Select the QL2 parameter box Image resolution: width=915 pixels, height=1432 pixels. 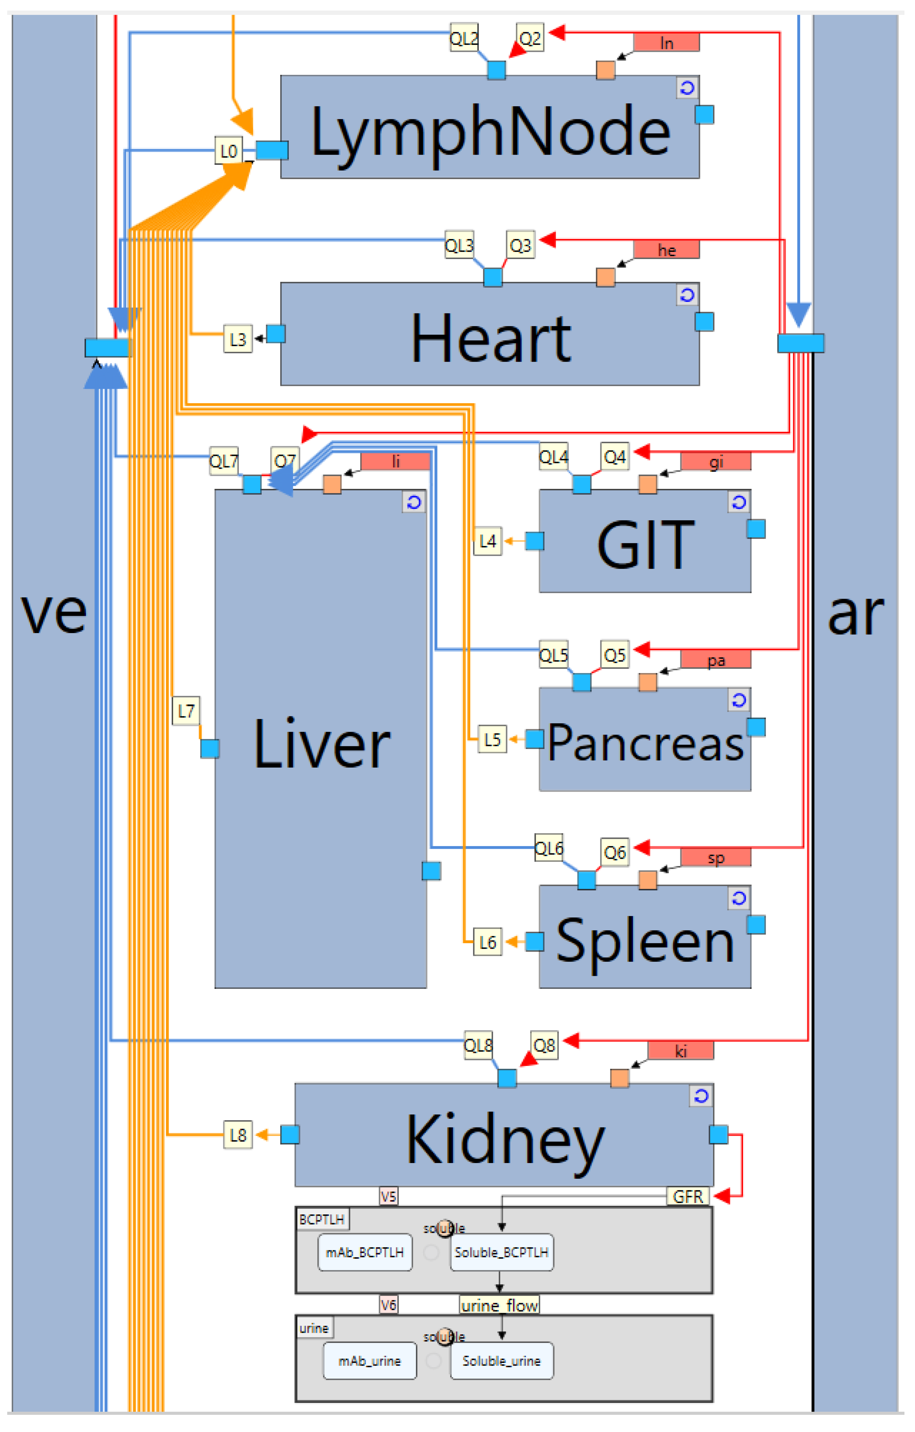[463, 39]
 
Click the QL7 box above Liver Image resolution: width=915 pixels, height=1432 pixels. [224, 461]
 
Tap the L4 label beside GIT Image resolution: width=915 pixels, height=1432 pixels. [487, 541]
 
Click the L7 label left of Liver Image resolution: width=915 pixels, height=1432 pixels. [186, 711]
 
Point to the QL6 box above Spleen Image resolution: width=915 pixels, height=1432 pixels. [549, 848]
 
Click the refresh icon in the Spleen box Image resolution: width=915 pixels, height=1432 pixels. [738, 898]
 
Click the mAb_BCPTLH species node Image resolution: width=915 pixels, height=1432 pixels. [365, 1252]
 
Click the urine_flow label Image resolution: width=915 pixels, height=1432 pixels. [499, 1305]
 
